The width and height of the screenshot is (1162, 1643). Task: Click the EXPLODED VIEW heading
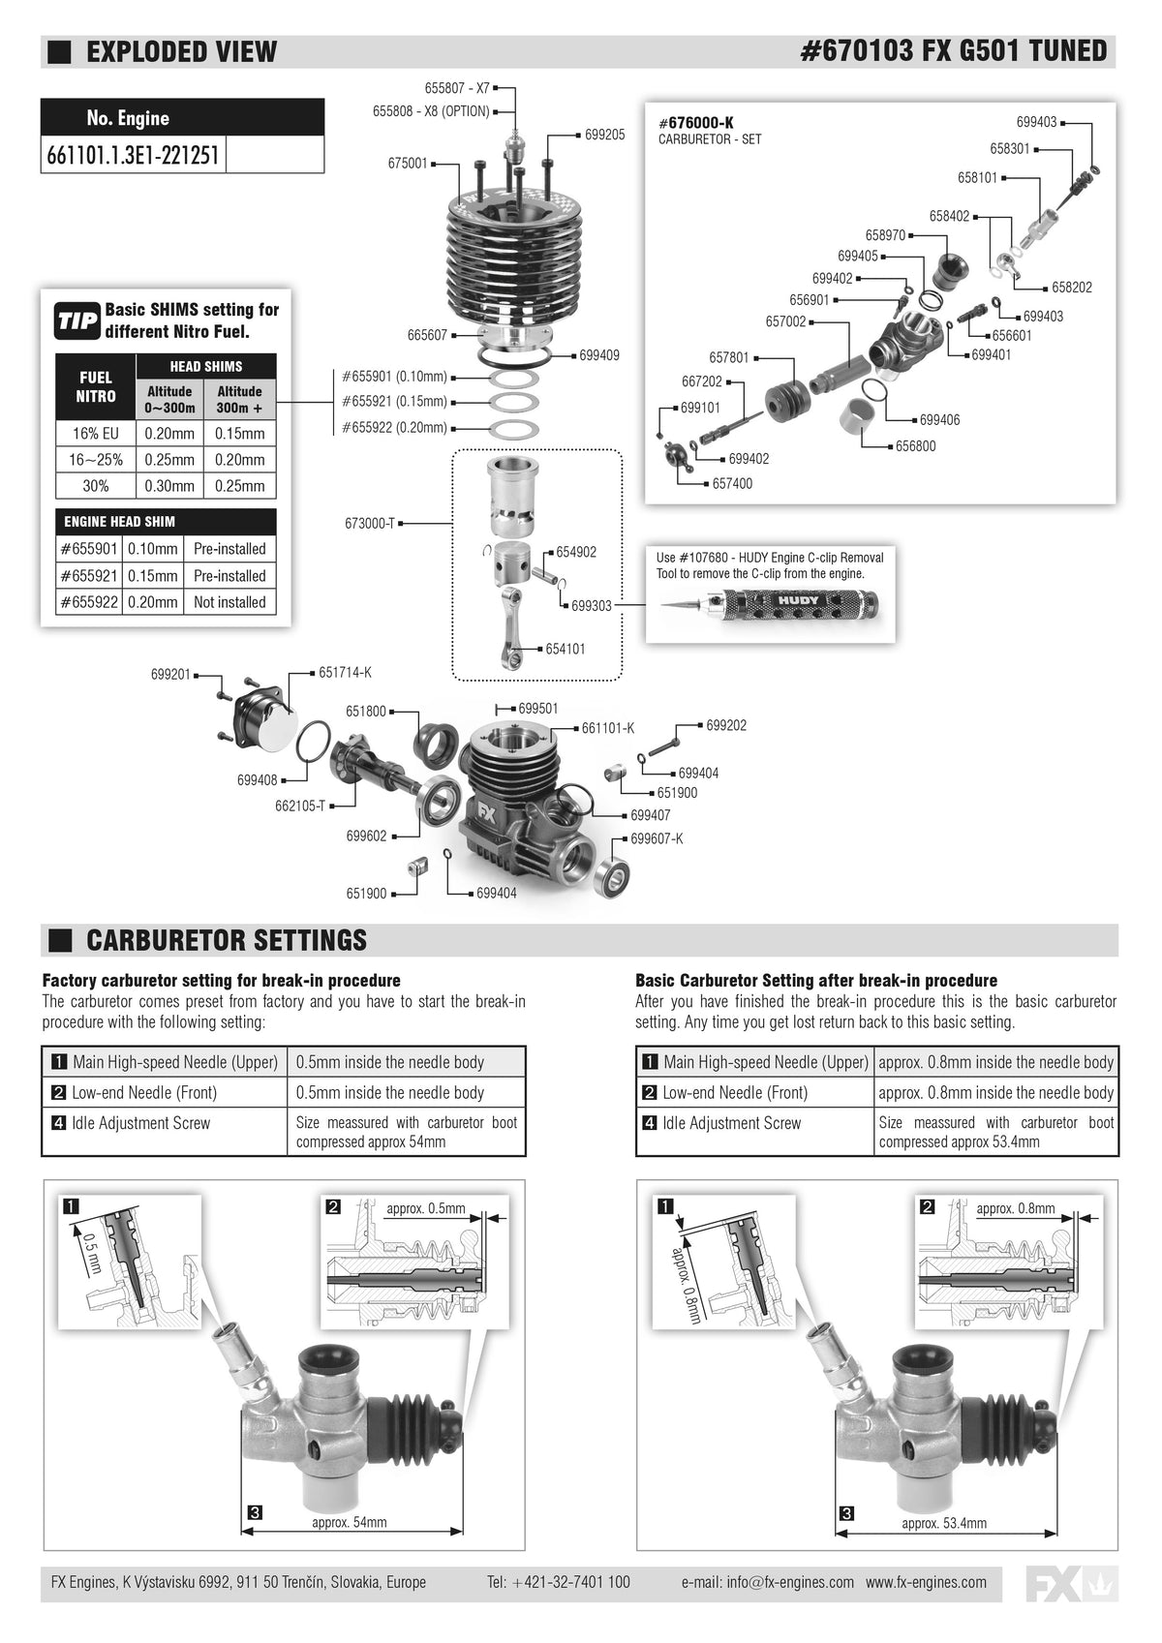[181, 52]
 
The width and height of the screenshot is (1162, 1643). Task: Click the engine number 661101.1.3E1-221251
[133, 156]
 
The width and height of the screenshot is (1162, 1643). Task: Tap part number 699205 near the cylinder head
[605, 135]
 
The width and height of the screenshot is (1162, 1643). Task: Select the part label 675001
[408, 163]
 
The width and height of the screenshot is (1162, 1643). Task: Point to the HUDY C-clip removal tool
[770, 603]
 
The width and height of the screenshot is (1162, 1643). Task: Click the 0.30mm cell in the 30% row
[169, 486]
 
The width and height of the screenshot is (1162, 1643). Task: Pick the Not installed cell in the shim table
[229, 602]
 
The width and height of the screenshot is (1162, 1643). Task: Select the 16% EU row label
[95, 433]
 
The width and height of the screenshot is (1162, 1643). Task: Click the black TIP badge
[77, 320]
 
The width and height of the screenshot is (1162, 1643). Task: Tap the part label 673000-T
[370, 523]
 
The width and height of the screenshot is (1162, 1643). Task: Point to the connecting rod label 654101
[566, 649]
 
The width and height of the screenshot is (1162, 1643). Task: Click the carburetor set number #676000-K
[695, 123]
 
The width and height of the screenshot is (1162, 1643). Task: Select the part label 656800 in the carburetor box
[915, 446]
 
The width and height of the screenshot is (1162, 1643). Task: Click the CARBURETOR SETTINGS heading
[226, 940]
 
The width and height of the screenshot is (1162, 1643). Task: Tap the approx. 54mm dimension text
[350, 1522]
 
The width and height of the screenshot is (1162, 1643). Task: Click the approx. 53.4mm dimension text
[944, 1523]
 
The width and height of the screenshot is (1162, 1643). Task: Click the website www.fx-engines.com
[926, 1581]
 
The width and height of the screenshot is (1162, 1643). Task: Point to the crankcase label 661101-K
[608, 728]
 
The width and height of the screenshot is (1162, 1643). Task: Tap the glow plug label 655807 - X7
[457, 88]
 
